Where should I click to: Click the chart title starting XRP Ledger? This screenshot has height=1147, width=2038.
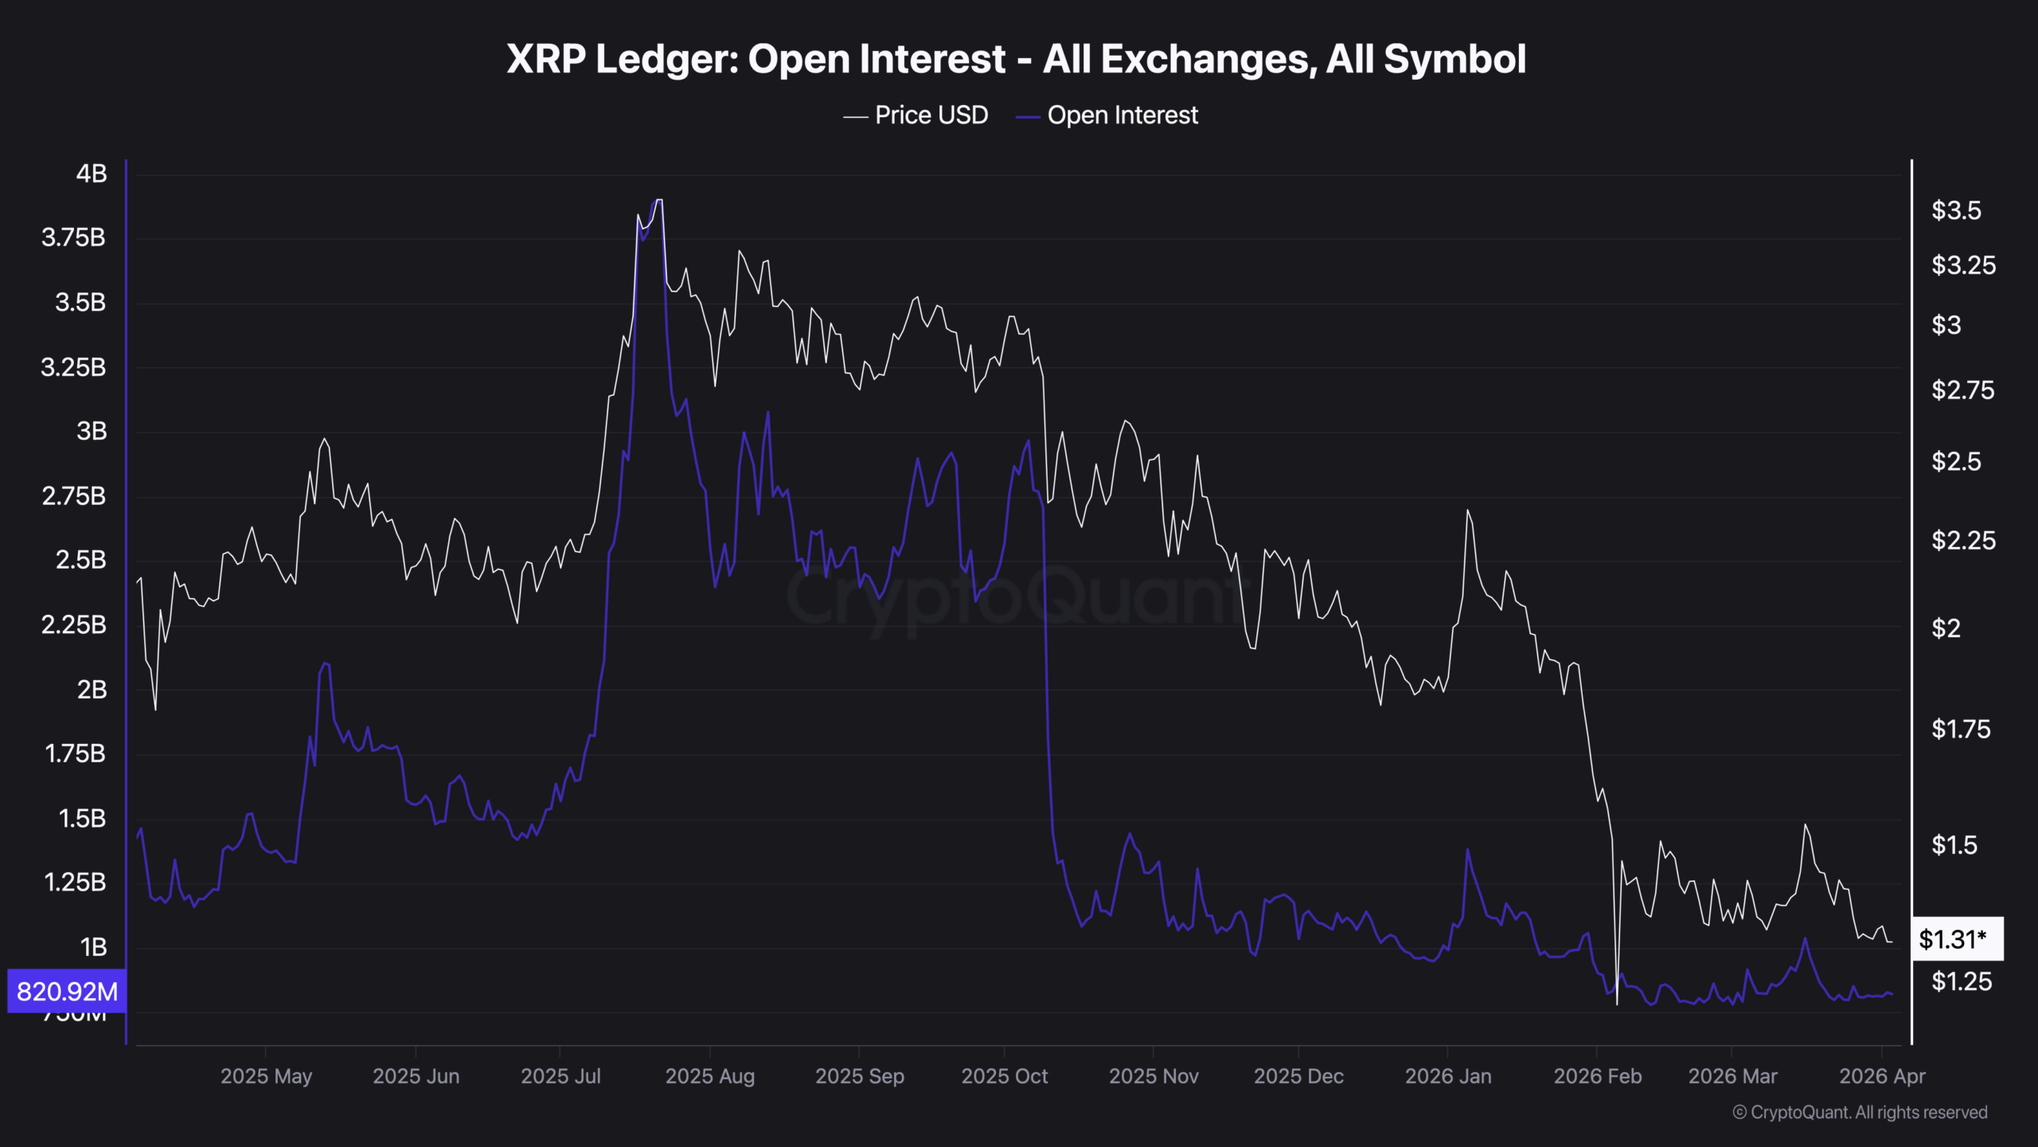click(x=1016, y=59)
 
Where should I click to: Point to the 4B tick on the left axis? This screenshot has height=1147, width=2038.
click(x=92, y=174)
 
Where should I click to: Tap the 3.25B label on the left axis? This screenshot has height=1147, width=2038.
click(x=73, y=367)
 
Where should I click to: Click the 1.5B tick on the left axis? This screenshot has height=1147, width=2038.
click(x=82, y=818)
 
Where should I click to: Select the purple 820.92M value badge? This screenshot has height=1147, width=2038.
click(x=67, y=991)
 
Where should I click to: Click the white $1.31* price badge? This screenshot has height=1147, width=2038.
click(x=1955, y=939)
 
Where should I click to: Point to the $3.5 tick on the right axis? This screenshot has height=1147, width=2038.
click(x=1956, y=210)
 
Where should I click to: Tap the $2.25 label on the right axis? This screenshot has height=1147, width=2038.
click(x=1963, y=541)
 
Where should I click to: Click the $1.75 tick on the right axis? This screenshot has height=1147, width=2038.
click(x=1961, y=729)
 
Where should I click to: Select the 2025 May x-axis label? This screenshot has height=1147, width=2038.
click(x=266, y=1076)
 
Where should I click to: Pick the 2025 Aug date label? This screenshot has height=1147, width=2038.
click(x=709, y=1076)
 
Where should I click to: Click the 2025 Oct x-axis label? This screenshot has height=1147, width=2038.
click(x=1004, y=1076)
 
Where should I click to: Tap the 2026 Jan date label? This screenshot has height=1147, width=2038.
click(x=1447, y=1076)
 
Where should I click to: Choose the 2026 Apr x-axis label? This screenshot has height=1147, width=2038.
click(x=1881, y=1076)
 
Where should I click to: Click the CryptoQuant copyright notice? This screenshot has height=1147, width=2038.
click(x=1860, y=1112)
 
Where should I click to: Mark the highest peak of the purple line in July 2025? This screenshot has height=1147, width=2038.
click(x=657, y=201)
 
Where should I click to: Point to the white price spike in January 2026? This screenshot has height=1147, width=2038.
click(x=1467, y=511)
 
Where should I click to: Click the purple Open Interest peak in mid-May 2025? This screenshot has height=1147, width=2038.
click(x=324, y=664)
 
